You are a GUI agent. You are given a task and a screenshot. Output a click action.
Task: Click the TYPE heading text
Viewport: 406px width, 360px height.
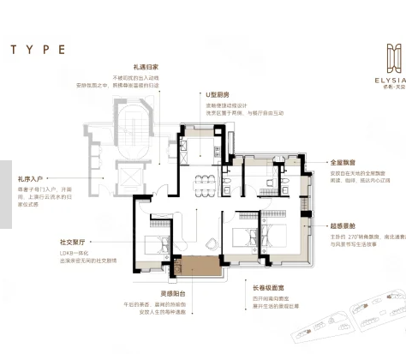click(38, 50)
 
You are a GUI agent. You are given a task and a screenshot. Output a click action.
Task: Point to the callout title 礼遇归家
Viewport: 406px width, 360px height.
click(145, 66)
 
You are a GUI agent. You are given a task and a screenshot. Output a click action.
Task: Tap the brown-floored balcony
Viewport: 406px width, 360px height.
click(200, 267)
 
